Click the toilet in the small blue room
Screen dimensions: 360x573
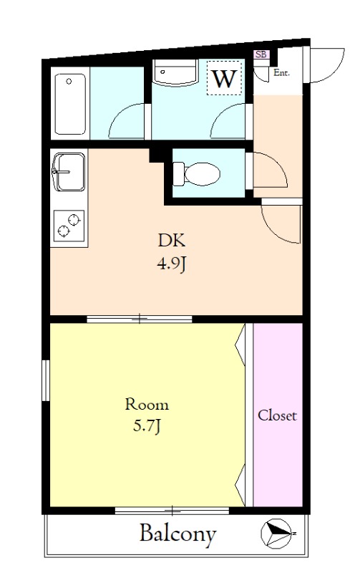click(x=196, y=173)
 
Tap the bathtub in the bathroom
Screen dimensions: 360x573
click(x=70, y=104)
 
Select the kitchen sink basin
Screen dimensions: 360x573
click(x=69, y=172)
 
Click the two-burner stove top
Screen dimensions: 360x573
click(x=69, y=226)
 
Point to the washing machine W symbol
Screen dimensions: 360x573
click(x=224, y=78)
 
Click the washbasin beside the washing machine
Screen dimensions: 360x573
click(x=175, y=73)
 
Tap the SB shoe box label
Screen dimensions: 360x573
click(x=261, y=54)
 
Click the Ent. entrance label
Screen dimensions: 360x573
click(x=281, y=73)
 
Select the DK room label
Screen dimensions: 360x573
click(x=172, y=241)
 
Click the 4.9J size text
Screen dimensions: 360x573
click(x=172, y=264)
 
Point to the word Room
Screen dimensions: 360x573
click(x=147, y=404)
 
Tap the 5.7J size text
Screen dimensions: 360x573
click(x=147, y=426)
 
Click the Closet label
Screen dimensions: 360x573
click(x=277, y=415)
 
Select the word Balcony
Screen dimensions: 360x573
click(x=177, y=534)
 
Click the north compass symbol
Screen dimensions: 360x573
click(x=277, y=534)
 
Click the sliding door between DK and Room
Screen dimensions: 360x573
click(x=140, y=319)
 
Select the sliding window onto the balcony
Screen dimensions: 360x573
click(x=172, y=511)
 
